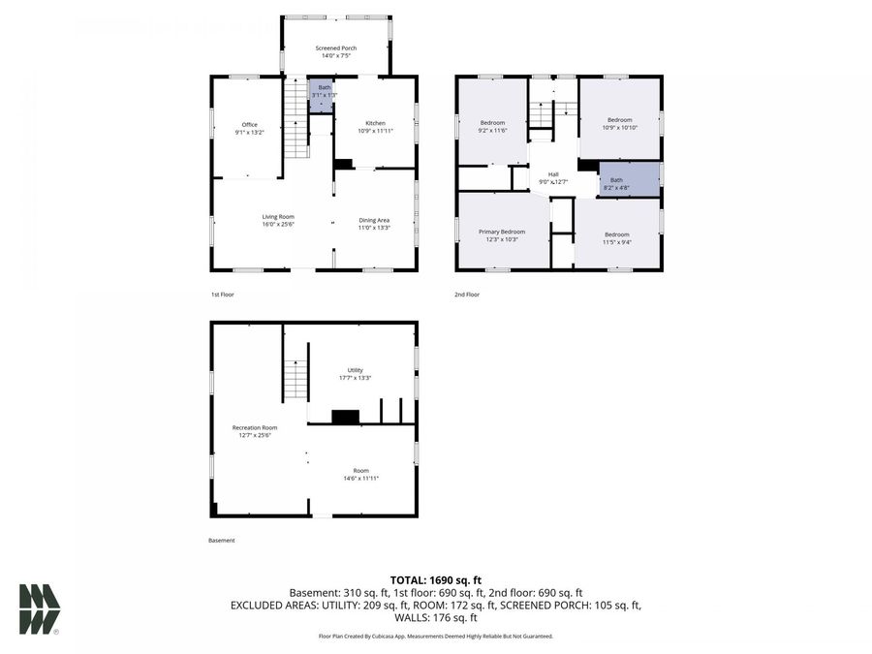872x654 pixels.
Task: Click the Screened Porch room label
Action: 336,47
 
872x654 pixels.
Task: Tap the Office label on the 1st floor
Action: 249,125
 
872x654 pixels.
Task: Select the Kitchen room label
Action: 375,123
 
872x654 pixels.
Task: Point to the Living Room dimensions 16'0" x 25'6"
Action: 278,225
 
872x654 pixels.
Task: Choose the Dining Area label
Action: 374,220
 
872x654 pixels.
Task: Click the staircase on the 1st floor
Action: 296,121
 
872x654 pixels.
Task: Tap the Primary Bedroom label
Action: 502,233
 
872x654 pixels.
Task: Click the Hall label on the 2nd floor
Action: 553,174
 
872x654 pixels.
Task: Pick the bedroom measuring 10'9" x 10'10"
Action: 619,120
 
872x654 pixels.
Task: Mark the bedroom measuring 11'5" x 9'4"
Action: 617,234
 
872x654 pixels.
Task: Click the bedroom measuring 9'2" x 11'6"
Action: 493,123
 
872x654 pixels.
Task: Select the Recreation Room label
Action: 255,427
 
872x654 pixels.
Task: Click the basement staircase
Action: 296,378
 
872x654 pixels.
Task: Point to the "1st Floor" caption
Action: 223,294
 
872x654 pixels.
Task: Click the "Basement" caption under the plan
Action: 222,541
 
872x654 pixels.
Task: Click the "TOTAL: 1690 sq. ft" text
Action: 435,578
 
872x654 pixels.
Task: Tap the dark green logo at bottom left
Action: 39,609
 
